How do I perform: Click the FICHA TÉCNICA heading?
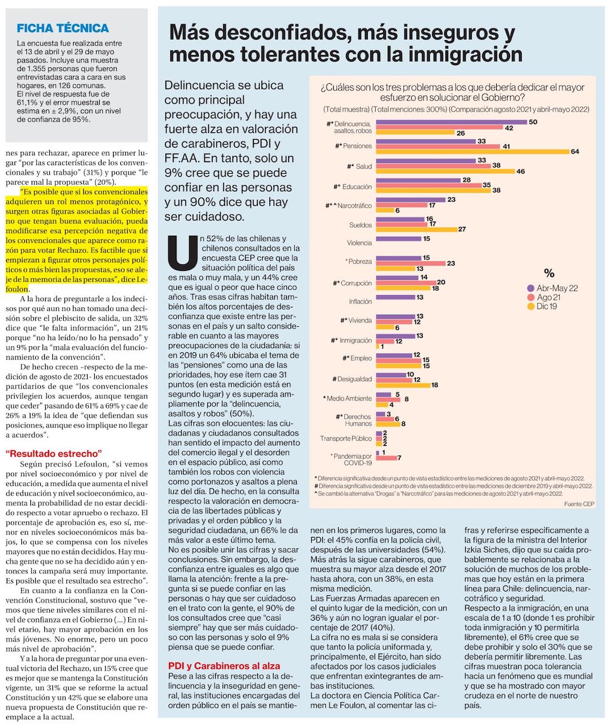63,28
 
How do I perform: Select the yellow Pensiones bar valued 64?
472,151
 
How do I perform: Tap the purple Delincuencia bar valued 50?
451,123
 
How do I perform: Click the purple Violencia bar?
398,239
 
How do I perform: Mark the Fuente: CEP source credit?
579,504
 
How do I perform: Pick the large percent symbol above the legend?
549,273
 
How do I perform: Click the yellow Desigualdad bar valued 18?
403,384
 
